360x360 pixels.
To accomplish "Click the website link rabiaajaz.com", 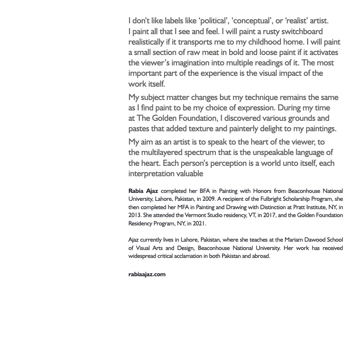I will (x=147, y=274).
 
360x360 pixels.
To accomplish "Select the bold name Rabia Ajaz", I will (x=143, y=191).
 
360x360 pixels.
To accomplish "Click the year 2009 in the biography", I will (x=209, y=199).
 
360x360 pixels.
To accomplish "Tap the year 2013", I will (x=135, y=215).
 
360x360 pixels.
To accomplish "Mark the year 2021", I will (x=198, y=223).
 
